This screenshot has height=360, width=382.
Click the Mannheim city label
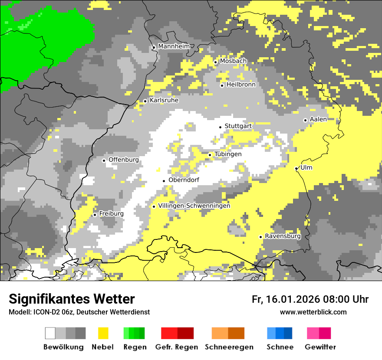[x=174, y=46]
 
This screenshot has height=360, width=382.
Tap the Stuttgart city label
[x=238, y=126]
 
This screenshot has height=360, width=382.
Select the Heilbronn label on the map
[x=241, y=85]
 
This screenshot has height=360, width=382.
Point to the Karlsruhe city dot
[x=145, y=101]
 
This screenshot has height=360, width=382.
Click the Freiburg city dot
[x=95, y=215]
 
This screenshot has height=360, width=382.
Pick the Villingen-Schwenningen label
[x=194, y=206]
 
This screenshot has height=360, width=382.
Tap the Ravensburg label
[x=283, y=236]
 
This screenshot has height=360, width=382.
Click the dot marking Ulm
[x=296, y=168]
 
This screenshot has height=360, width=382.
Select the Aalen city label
[x=318, y=119]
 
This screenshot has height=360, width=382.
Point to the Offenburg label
[x=124, y=160]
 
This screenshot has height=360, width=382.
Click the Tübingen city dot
[x=210, y=155]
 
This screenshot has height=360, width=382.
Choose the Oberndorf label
[x=184, y=180]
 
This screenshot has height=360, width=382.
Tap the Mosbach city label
[x=233, y=61]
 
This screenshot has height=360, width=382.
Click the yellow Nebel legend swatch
[x=103, y=333]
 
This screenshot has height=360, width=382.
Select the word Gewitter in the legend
[x=320, y=347]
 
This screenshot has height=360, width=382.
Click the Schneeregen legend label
[x=229, y=347]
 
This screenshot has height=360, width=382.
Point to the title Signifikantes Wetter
[x=72, y=299]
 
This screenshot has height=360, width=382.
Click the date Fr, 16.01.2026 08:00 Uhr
[x=310, y=299]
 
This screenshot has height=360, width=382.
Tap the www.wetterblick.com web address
[x=313, y=312]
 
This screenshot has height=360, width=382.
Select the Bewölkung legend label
[x=63, y=347]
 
